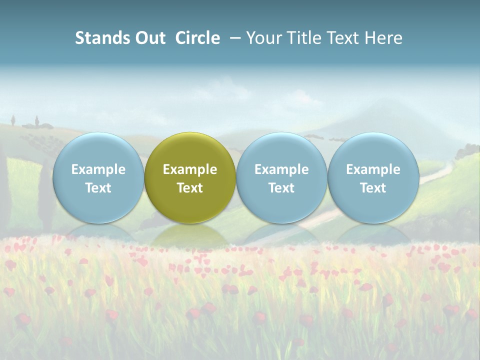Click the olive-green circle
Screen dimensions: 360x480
pos(190,150)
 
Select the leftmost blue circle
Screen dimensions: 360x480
pos(98,150)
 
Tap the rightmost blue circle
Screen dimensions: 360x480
pos(373,150)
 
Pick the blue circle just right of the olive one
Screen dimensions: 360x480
pos(281,150)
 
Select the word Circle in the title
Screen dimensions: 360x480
pos(197,38)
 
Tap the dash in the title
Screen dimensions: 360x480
pos(234,38)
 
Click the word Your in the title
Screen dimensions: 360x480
pos(263,38)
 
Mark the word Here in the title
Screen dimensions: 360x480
pos(383,38)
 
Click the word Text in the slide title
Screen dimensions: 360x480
pos(343,38)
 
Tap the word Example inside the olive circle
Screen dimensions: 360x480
pos(190,169)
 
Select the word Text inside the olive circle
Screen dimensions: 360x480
pos(190,188)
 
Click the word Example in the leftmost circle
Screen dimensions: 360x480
pos(98,169)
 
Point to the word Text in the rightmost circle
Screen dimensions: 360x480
pos(373,188)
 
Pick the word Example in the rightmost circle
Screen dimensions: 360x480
pos(373,169)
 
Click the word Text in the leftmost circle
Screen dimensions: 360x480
pos(98,188)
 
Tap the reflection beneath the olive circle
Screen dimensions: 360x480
pos(190,235)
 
